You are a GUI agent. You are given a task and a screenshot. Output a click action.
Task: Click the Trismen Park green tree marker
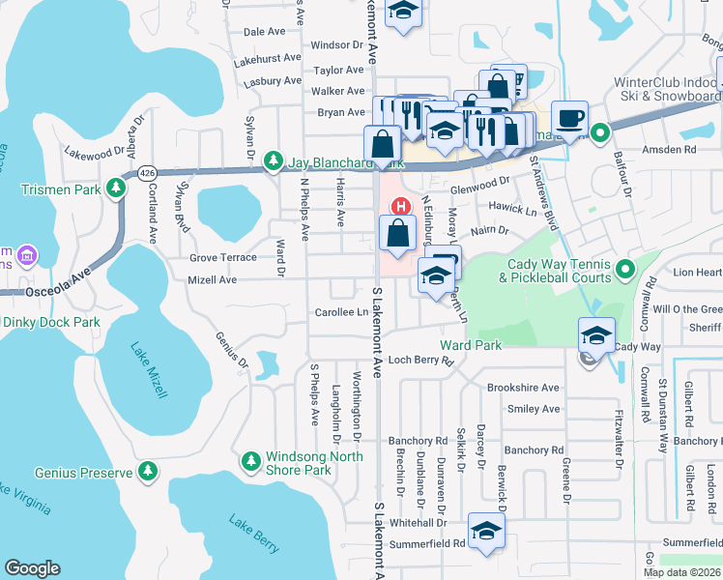point(117,187)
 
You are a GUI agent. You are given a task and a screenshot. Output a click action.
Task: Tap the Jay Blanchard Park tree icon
point(275,160)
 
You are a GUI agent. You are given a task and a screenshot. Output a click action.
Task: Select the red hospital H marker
point(398,206)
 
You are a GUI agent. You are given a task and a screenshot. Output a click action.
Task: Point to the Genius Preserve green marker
point(148,471)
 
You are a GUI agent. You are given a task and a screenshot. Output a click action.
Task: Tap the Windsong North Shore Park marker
point(251,459)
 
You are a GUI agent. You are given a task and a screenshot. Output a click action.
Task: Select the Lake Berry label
point(253,533)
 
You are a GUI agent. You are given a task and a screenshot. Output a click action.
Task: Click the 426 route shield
point(147,172)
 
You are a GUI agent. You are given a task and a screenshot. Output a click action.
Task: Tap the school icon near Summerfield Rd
point(486,531)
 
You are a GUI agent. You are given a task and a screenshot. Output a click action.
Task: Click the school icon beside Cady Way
point(596,335)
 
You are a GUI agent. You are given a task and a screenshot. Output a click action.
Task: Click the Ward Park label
point(471,345)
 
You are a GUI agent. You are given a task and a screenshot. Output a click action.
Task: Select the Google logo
point(32,568)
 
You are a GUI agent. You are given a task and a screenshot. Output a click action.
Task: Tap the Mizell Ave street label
point(213,279)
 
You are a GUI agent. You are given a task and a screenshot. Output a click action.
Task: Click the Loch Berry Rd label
point(420,361)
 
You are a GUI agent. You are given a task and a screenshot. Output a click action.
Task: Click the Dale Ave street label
point(264,32)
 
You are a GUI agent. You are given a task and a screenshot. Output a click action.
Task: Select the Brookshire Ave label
point(523,388)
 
